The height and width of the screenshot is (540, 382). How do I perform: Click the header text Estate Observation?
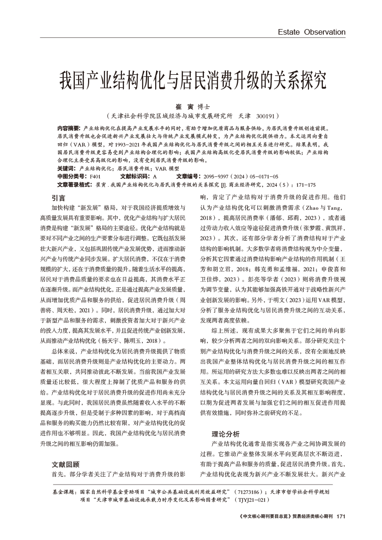pos(311,32)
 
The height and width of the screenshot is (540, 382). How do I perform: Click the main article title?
pos(191,80)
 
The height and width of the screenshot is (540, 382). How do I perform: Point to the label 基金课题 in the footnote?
pos(65,492)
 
